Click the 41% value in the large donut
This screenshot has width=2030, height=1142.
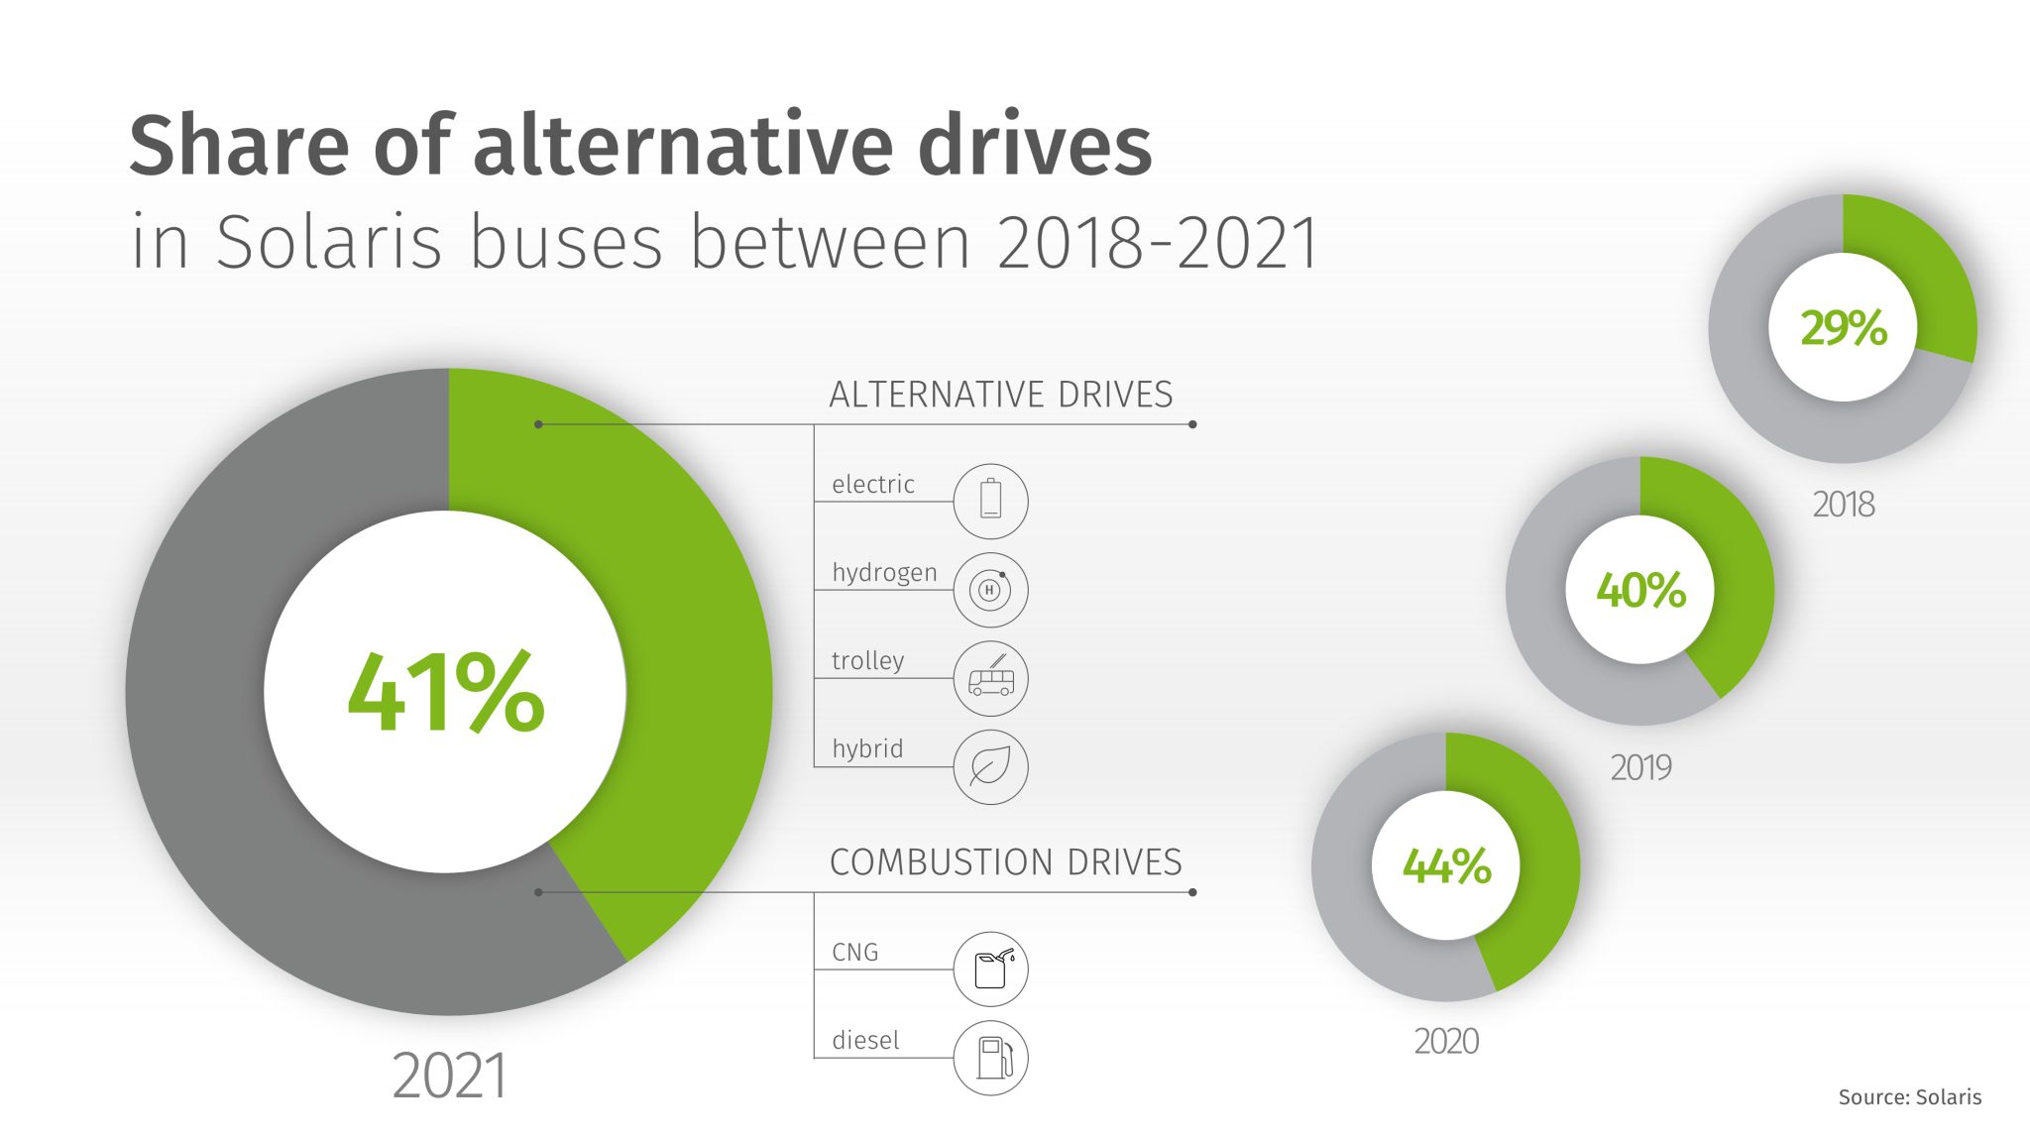446,693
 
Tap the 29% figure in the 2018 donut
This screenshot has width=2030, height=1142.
1844,328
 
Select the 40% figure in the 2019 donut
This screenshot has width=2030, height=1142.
1640,591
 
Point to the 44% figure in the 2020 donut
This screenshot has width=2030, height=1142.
1446,866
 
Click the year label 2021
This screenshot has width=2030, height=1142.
449,1077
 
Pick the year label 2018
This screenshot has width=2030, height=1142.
1843,505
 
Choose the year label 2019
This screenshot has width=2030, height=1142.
1640,767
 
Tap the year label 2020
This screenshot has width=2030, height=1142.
1446,1042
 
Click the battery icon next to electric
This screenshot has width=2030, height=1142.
990,500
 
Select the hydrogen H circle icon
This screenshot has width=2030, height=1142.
990,590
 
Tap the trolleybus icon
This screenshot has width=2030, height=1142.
990,679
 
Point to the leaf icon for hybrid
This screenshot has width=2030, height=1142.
990,766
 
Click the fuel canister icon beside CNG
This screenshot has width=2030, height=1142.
990,969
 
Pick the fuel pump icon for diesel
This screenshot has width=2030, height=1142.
990,1058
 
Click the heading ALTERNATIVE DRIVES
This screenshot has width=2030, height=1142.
1000,395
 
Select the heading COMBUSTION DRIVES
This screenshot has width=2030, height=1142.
1005,862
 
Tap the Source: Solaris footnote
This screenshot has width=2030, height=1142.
1909,1097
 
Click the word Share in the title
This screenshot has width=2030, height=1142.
239,146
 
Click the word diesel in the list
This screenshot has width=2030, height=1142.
865,1041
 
